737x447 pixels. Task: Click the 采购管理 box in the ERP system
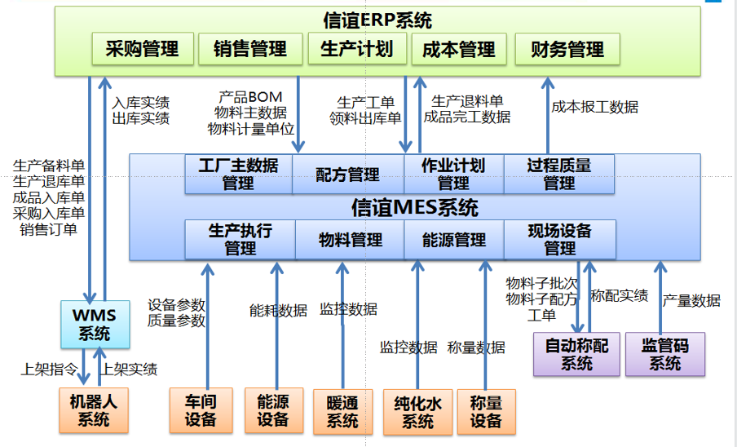142,49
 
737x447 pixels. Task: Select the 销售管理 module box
250,49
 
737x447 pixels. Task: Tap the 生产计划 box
356,49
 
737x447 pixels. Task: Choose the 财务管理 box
567,49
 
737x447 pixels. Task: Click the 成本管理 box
459,49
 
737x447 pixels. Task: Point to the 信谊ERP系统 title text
377,20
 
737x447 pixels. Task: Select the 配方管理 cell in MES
347,175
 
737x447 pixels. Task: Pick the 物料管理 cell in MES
350,241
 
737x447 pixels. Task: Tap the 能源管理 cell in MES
454,241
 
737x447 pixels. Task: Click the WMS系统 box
96,324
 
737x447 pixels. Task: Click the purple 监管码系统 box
664,354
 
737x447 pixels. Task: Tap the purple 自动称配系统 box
576,354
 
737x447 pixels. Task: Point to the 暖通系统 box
342,412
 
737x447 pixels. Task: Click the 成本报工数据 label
594,107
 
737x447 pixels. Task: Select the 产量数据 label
691,301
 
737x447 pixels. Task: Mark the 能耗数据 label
278,310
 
